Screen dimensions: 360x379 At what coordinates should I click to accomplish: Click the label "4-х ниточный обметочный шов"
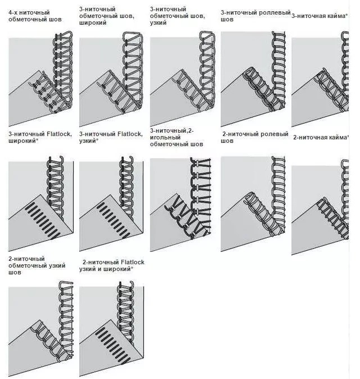tap(35, 16)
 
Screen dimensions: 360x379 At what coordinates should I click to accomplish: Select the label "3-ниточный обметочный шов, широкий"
tap(107, 16)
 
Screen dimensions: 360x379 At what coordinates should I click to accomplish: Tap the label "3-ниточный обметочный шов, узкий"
tap(177, 16)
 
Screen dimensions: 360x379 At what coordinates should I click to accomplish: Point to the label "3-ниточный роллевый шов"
tap(256, 16)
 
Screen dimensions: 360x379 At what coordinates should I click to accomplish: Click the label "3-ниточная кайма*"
tap(320, 16)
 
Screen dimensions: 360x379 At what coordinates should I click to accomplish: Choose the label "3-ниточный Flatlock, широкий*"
tap(40, 137)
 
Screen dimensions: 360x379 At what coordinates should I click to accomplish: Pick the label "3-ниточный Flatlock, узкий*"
tap(111, 137)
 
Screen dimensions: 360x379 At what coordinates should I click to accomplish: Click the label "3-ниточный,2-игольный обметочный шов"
tap(176, 137)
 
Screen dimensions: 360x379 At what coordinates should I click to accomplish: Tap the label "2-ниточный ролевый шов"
tap(255, 137)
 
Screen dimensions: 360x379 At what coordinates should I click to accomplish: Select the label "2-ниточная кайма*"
tap(321, 138)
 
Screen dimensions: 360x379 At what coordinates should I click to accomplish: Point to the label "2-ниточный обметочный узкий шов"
tap(37, 265)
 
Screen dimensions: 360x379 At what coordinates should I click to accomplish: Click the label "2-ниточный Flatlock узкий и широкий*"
tap(112, 265)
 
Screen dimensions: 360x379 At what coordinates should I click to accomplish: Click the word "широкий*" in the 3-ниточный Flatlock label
tap(24, 141)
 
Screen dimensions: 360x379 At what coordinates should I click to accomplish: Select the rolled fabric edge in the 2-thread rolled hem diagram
tap(263, 214)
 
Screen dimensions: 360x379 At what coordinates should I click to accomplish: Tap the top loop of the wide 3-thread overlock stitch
tap(133, 36)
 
